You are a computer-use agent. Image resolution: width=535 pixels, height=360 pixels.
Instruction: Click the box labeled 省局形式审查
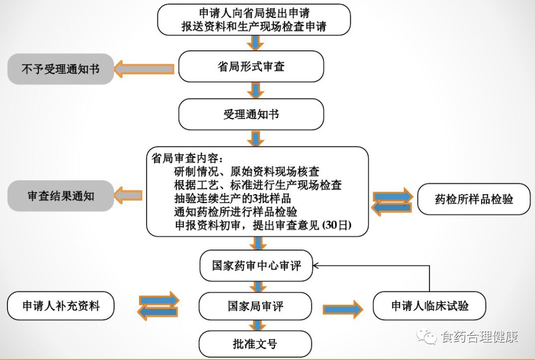click(251, 67)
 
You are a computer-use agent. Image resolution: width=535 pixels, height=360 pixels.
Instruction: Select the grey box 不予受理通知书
click(60, 69)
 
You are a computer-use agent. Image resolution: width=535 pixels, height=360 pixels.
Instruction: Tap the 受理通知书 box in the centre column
click(251, 115)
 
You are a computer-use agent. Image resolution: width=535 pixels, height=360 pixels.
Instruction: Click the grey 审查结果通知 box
click(60, 196)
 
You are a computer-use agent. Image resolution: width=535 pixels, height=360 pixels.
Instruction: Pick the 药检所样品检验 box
click(473, 200)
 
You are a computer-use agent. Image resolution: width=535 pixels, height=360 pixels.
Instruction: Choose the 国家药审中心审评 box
click(257, 265)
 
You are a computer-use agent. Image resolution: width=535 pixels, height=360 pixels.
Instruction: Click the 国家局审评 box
click(255, 306)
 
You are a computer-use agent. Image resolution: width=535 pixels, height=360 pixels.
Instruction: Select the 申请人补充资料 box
click(61, 306)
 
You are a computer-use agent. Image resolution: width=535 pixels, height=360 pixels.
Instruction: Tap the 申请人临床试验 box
click(429, 306)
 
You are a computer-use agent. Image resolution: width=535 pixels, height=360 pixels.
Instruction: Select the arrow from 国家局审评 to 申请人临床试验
click(343, 309)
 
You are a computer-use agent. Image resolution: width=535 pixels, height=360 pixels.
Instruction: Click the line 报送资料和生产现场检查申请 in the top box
click(254, 27)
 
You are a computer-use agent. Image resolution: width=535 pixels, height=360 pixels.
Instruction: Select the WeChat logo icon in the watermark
click(428, 337)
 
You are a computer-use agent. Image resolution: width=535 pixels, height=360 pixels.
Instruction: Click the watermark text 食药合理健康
click(479, 337)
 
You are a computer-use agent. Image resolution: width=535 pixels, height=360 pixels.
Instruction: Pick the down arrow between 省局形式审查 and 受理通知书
click(255, 90)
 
